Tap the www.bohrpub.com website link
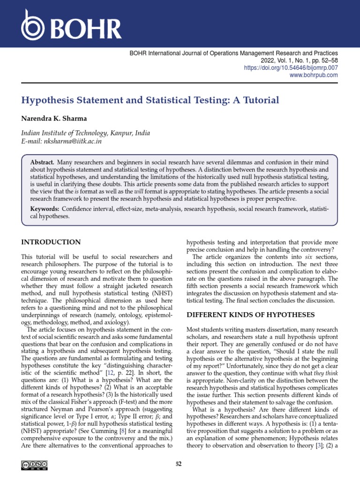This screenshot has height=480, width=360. click(314, 75)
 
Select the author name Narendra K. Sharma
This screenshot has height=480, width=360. click(54, 118)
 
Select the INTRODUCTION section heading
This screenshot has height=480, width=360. click(51, 242)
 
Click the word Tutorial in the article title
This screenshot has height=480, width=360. click(260, 100)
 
